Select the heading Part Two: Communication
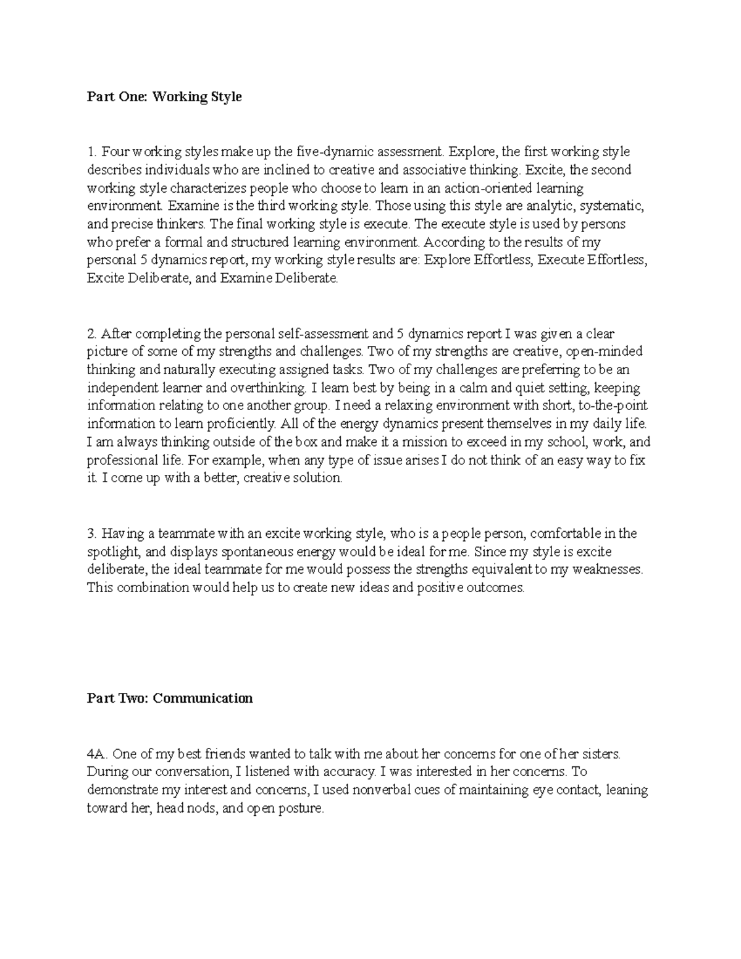(170, 698)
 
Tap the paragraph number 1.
(91, 152)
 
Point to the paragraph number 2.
(92, 334)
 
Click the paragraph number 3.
(92, 534)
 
